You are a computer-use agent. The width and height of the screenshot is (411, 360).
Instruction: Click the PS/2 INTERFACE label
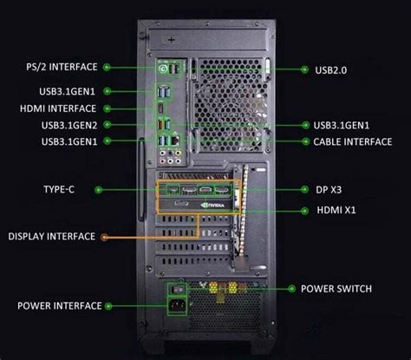pos(62,66)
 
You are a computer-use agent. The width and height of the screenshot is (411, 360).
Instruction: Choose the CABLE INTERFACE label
pos(352,141)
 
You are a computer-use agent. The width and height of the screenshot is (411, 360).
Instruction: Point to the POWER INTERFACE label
pos(57,305)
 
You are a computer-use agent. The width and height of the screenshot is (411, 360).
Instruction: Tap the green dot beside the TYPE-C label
pos(98,188)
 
